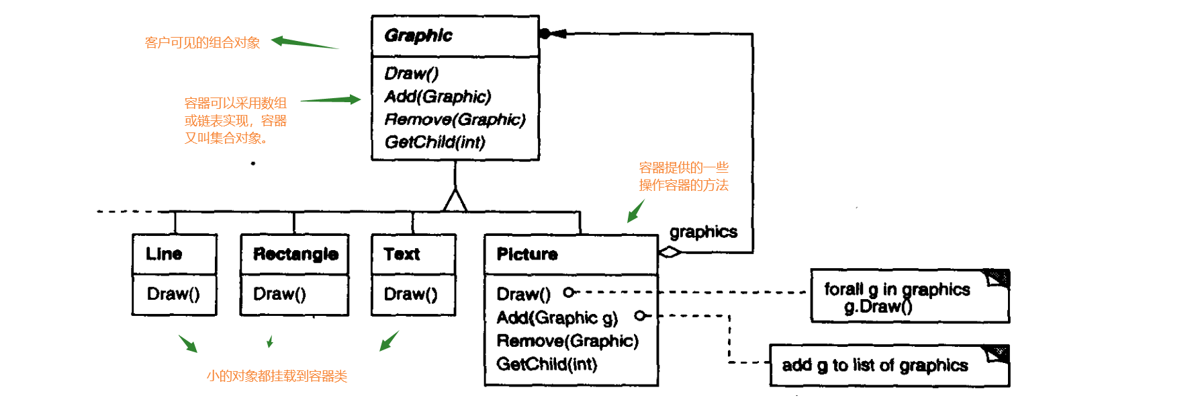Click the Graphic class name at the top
click(x=418, y=36)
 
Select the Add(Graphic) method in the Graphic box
click(x=438, y=97)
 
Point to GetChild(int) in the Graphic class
click(x=434, y=143)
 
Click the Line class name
click(x=164, y=254)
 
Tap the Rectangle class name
click(x=295, y=254)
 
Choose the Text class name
click(x=402, y=254)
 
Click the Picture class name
click(x=527, y=254)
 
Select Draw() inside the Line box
click(x=173, y=294)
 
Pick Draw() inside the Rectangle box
click(x=279, y=294)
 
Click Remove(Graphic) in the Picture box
click(x=567, y=341)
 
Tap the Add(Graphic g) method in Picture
click(x=557, y=317)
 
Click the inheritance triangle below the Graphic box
click(x=455, y=200)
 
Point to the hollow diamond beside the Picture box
click(x=670, y=252)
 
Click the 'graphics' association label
click(x=703, y=232)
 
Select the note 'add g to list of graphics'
click(x=875, y=366)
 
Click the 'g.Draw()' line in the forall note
click(x=878, y=307)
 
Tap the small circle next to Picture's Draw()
click(x=569, y=292)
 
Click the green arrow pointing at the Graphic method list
click(x=330, y=100)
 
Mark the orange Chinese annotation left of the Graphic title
click(x=202, y=43)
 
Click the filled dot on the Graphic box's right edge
click(x=545, y=33)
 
